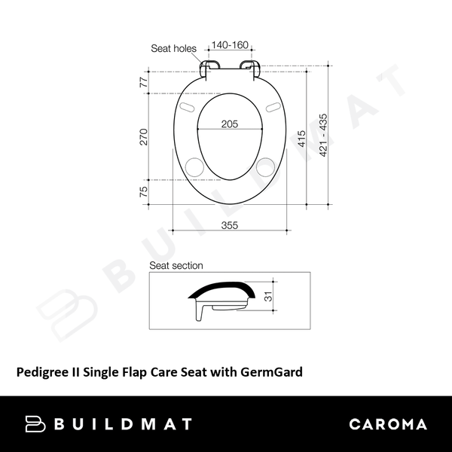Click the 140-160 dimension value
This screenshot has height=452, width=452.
230,45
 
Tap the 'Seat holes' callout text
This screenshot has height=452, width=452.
173,48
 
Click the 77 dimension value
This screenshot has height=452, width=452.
144,83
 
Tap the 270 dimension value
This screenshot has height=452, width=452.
144,136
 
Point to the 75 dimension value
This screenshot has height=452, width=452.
144,192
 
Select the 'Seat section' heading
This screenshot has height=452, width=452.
176,265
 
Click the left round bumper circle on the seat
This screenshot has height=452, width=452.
194,166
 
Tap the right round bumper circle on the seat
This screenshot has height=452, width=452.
267,166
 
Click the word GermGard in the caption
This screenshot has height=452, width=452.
275,371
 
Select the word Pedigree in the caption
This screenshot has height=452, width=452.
41,371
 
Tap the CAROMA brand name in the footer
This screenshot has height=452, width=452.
388,424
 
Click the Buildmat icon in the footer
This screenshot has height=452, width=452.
36,424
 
